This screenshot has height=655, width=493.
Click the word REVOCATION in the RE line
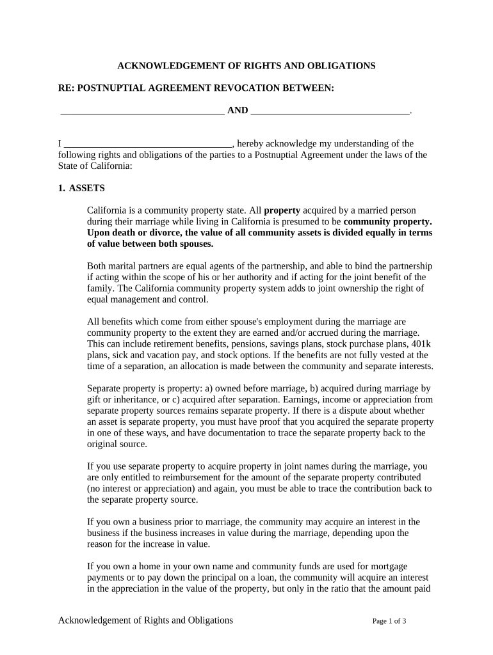[x=217, y=88]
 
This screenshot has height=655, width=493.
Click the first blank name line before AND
[x=141, y=111]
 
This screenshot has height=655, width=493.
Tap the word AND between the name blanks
[x=238, y=111]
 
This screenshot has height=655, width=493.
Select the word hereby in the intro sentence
[x=250, y=144]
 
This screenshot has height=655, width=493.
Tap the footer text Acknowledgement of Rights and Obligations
[x=145, y=620]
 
